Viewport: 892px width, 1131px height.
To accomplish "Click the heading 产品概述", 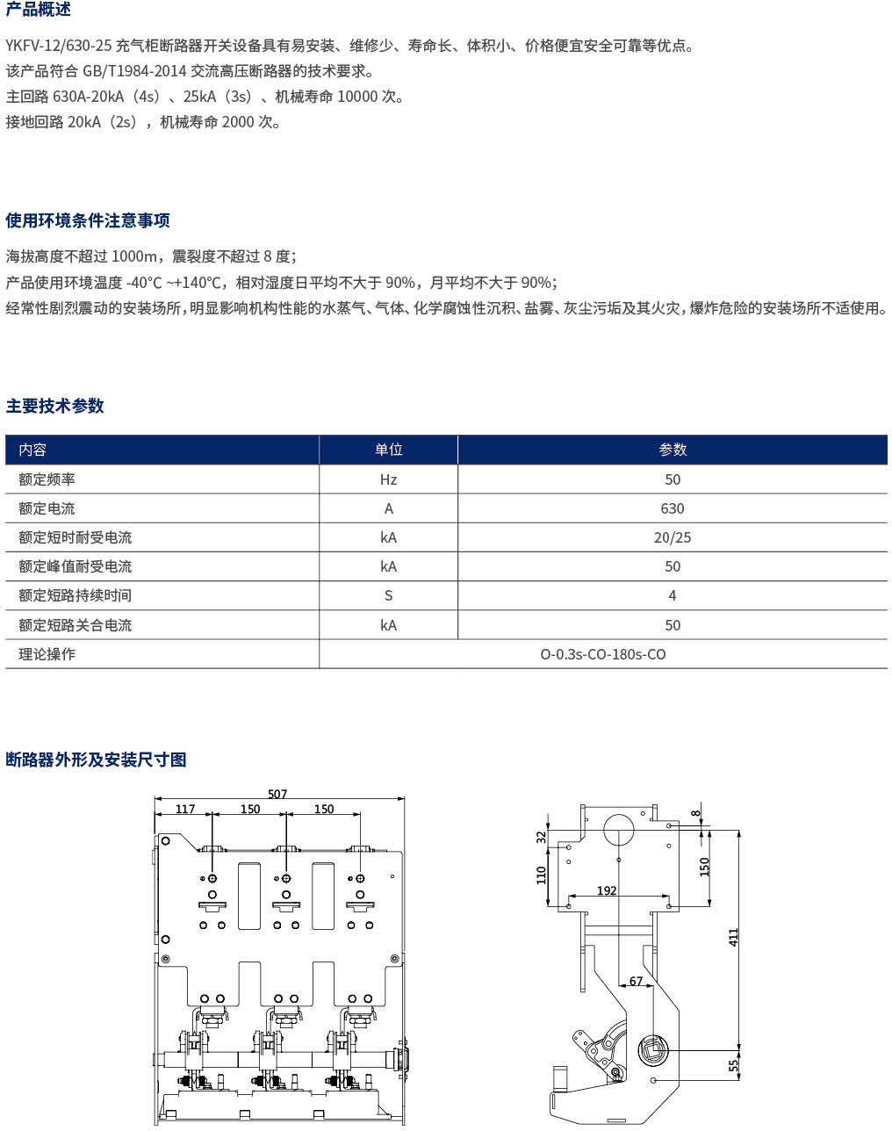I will tap(39, 10).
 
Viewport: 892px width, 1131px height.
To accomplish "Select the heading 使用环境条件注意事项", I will tap(88, 220).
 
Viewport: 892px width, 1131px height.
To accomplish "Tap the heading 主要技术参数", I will tap(55, 406).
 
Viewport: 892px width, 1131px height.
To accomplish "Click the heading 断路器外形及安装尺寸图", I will tap(97, 760).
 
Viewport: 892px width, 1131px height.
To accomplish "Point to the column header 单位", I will tap(388, 450).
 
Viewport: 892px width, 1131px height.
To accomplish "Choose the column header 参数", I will tap(673, 450).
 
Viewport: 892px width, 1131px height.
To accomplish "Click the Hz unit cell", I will tap(388, 479).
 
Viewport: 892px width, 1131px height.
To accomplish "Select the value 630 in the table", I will tap(673, 508).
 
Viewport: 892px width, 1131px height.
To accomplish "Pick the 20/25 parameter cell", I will tap(673, 537).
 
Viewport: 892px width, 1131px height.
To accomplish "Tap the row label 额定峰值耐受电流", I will tap(76, 566).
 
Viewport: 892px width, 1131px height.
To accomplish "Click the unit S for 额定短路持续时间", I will tap(388, 595).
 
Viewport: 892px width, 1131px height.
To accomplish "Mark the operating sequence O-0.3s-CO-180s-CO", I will tap(603, 654).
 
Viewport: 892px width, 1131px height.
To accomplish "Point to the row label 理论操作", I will tap(47, 654).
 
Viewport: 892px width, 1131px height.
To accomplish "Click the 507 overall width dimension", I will tap(277, 794).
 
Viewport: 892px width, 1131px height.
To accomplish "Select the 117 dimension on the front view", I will tap(185, 809).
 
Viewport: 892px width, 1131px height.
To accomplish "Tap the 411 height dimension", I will tap(734, 937).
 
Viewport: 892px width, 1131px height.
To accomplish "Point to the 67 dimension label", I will tap(636, 982).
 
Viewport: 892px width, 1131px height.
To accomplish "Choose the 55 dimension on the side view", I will tap(734, 1065).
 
